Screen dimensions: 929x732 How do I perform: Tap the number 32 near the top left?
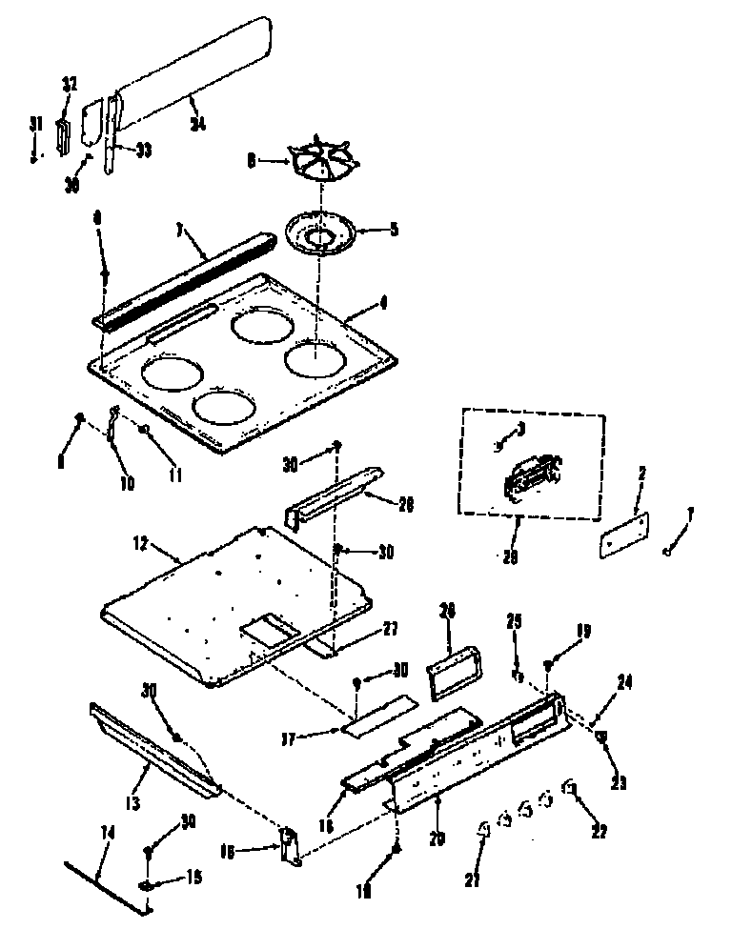pyautogui.click(x=69, y=85)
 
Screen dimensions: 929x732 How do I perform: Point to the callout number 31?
pyautogui.click(x=35, y=123)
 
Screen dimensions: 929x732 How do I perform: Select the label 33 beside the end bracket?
pyautogui.click(x=144, y=150)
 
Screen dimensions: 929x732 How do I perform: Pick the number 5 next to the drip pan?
pyautogui.click(x=393, y=228)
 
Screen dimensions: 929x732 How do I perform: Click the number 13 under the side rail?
pyautogui.click(x=132, y=803)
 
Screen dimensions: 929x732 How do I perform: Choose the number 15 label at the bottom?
pyautogui.click(x=194, y=878)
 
